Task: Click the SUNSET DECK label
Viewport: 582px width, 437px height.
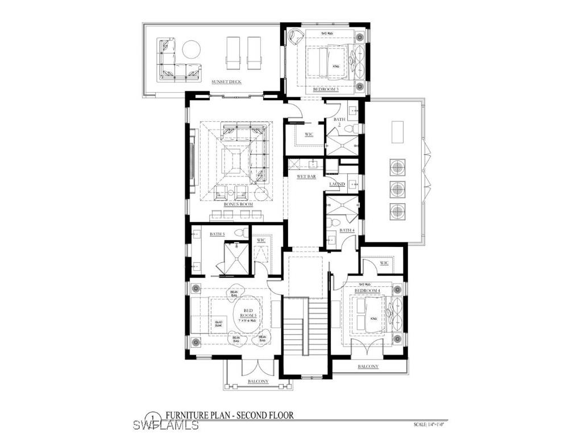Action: pos(226,82)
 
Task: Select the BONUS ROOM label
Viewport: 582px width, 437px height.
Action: pos(238,204)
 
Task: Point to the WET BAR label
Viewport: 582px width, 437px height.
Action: pos(306,177)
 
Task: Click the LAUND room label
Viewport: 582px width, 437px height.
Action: pos(337,184)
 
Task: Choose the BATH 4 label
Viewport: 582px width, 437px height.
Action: pos(347,230)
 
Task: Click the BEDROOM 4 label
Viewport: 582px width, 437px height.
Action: pos(367,291)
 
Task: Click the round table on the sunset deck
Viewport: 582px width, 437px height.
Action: pos(190,50)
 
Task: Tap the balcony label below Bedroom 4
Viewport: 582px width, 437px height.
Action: pos(368,366)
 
